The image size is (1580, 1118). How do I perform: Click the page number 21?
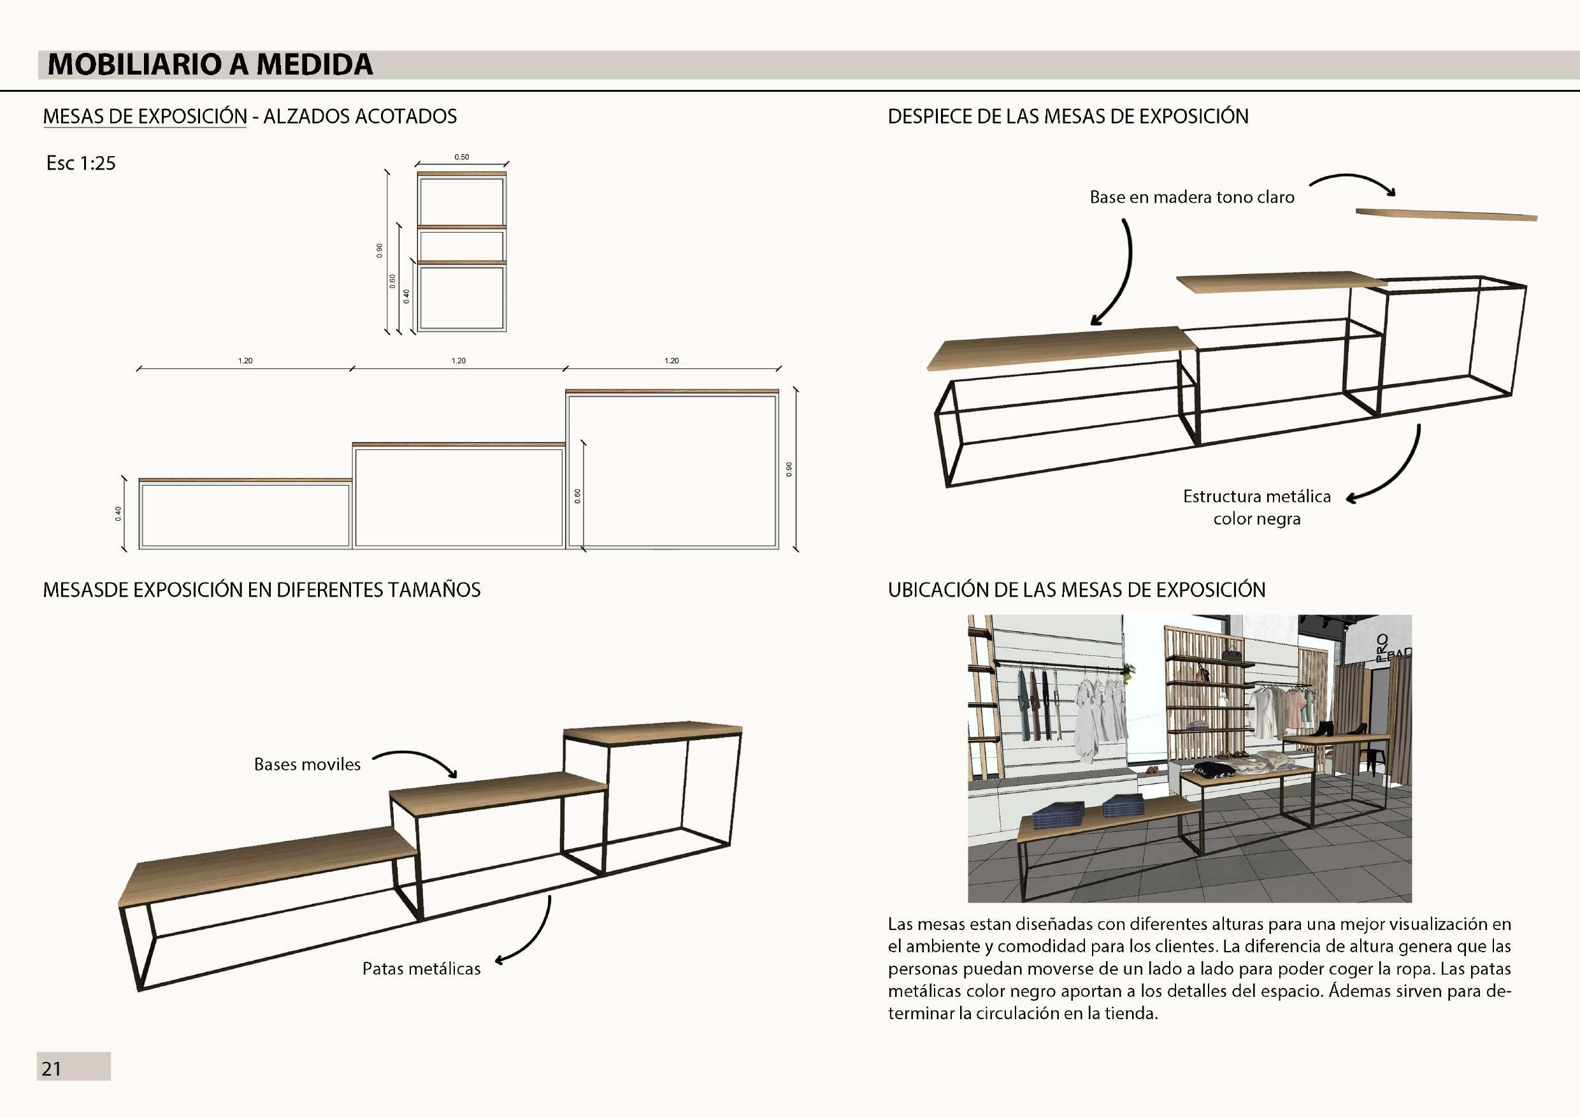click(x=52, y=1068)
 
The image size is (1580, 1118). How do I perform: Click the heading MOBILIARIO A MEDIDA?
click(x=210, y=65)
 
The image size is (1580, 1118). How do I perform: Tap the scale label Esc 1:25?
click(x=80, y=163)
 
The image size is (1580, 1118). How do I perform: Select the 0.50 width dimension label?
click(x=462, y=157)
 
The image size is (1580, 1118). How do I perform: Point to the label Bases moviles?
click(x=307, y=764)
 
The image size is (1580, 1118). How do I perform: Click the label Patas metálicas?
click(x=421, y=969)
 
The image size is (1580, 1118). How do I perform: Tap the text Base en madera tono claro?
click(x=1192, y=198)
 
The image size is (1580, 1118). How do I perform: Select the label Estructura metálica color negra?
click(x=1256, y=507)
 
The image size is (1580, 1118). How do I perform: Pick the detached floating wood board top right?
click(x=1446, y=215)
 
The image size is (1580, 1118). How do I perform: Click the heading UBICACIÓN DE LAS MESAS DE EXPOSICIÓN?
click(x=1076, y=590)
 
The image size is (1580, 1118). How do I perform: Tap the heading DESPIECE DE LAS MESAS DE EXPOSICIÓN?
click(x=1068, y=117)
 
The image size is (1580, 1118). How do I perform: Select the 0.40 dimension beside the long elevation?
click(x=118, y=513)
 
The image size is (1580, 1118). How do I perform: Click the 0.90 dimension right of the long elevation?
click(x=789, y=469)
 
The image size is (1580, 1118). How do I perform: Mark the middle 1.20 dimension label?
click(x=458, y=361)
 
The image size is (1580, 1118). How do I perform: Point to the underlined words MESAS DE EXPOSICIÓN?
click(x=145, y=117)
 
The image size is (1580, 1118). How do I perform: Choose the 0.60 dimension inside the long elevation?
click(x=577, y=496)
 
